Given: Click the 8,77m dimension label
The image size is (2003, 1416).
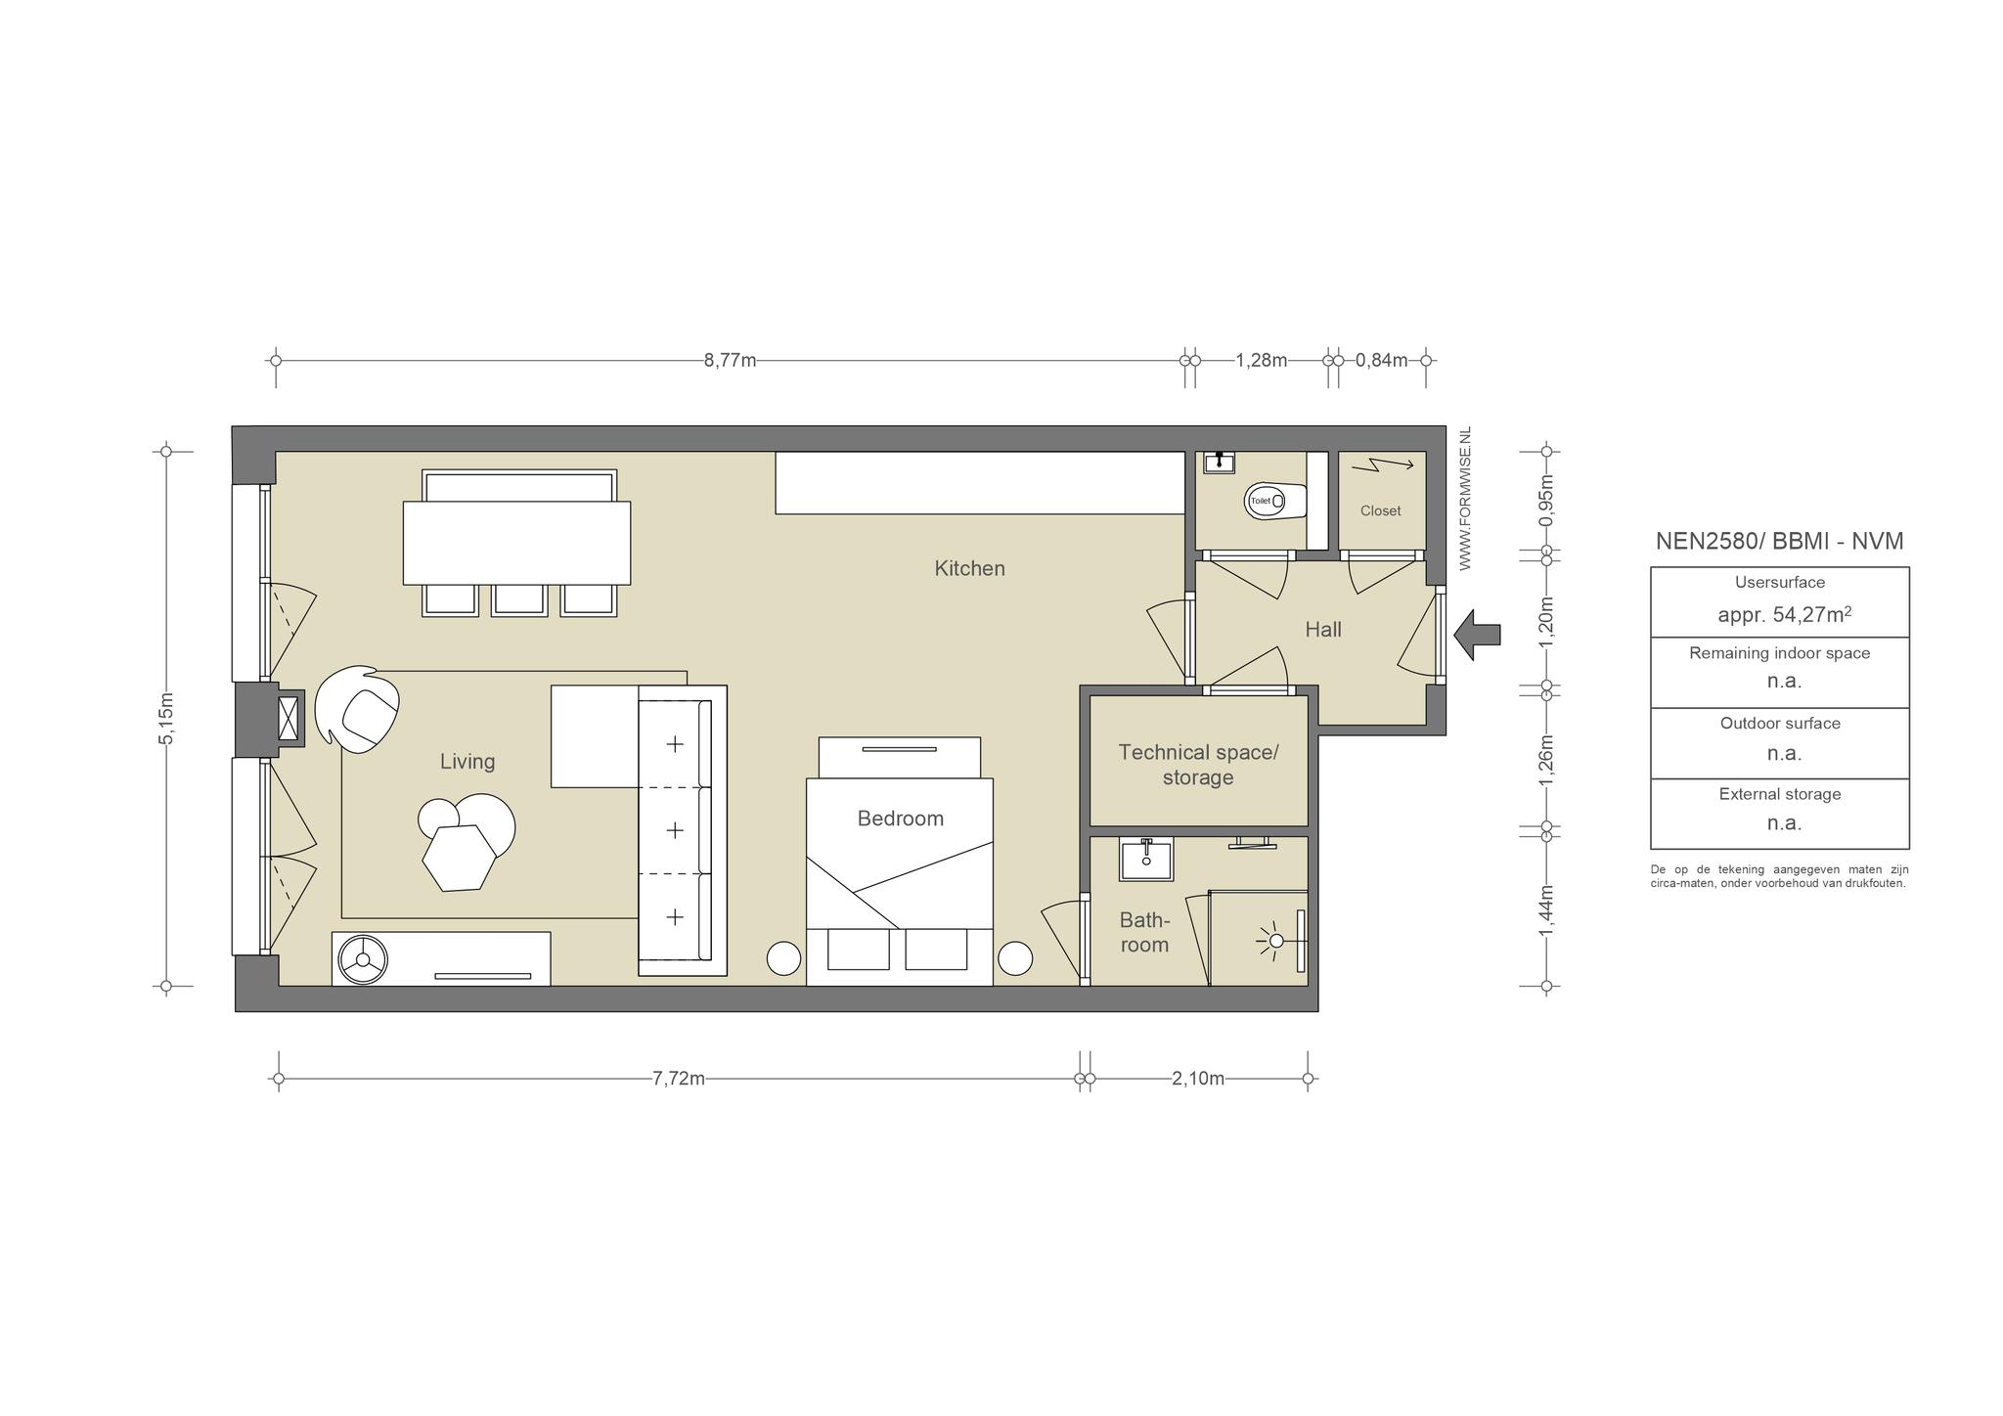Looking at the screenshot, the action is [730, 360].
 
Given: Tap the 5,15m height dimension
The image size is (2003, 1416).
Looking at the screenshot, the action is [166, 719].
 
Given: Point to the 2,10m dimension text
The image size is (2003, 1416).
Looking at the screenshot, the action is [1198, 1079].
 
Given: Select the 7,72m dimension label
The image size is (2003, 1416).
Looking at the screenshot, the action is [679, 1079].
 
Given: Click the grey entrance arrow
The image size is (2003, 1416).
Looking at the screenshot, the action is [1477, 635].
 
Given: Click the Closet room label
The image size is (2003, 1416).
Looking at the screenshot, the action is [1380, 510].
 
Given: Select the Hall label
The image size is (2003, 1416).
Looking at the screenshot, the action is [1323, 630].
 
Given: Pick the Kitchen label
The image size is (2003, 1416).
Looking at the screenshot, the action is [969, 568].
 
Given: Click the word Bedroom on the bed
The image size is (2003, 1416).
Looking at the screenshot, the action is [900, 819].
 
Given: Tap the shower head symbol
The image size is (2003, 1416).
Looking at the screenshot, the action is [1275, 942].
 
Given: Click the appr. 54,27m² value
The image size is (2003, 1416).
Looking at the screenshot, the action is [1785, 614].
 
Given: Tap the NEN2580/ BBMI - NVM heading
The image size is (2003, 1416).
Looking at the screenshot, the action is [1779, 541].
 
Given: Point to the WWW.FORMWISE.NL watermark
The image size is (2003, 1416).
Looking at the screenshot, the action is [1465, 499].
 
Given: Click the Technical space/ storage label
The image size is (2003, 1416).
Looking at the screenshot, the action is [1198, 765].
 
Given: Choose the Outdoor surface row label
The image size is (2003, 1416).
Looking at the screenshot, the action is [1780, 724].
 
